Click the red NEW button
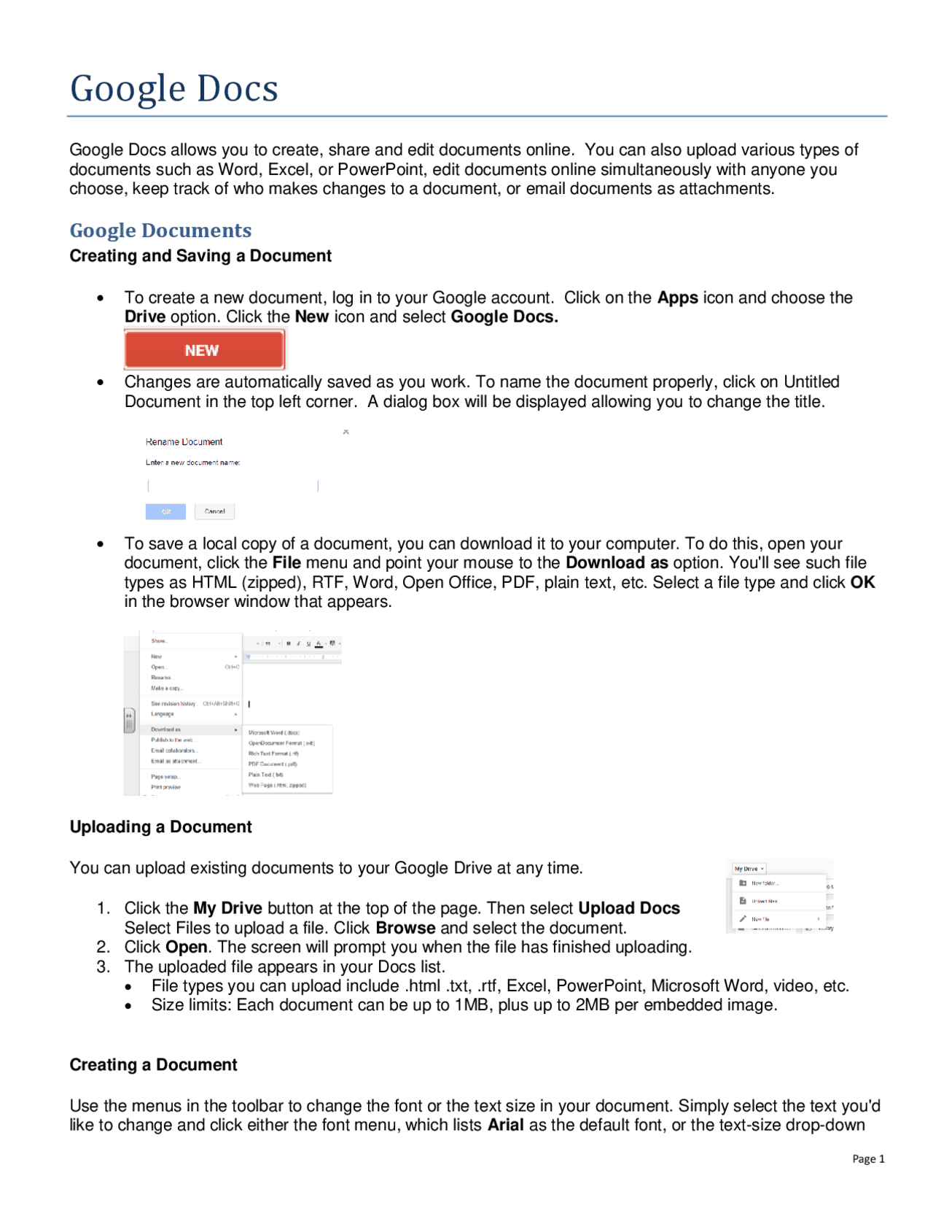pyautogui.click(x=204, y=350)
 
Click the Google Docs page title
pyautogui.click(x=174, y=89)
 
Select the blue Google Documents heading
pyautogui.click(x=160, y=231)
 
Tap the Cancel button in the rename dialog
pyautogui.click(x=214, y=511)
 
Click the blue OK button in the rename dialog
pyautogui.click(x=165, y=511)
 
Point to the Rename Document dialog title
pyautogui.click(x=184, y=442)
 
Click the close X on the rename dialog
pyautogui.click(x=346, y=432)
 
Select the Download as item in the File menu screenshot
pyautogui.click(x=166, y=729)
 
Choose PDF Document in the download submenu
pyautogui.click(x=273, y=764)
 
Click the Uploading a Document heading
pyautogui.click(x=160, y=826)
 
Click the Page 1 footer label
pyautogui.click(x=868, y=1158)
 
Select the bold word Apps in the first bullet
pyautogui.click(x=677, y=298)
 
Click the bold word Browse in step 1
pyautogui.click(x=405, y=928)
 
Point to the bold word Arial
pyautogui.click(x=505, y=1125)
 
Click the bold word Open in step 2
pyautogui.click(x=187, y=947)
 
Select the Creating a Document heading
pyautogui.click(x=153, y=1065)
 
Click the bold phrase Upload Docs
pyautogui.click(x=628, y=908)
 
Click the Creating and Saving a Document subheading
pyautogui.click(x=200, y=256)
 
